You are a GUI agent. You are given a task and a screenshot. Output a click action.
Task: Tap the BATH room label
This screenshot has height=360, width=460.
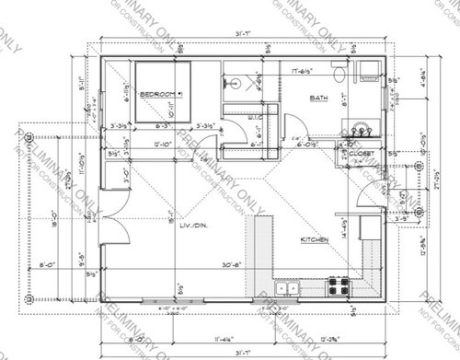pos(319,98)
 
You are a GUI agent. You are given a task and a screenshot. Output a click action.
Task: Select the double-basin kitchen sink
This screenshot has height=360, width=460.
pos(287,288)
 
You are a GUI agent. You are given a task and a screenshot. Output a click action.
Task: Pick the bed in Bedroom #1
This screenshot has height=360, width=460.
pos(162,92)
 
